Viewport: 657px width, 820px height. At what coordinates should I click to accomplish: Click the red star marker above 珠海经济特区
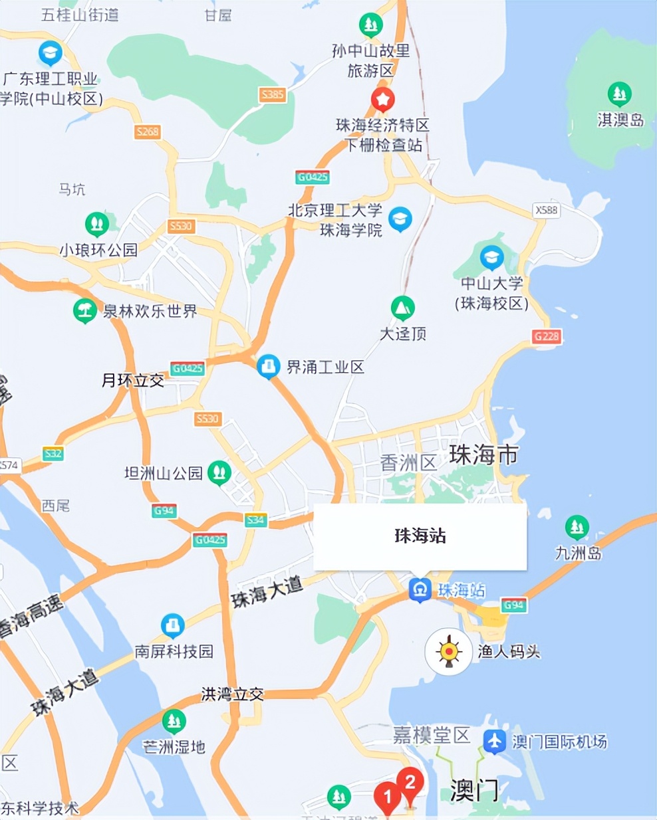(382, 100)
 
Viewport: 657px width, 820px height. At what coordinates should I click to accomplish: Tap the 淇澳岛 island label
(620, 120)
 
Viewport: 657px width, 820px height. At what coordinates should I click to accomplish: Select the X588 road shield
(547, 210)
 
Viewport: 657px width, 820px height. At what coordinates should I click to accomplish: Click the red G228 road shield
(547, 336)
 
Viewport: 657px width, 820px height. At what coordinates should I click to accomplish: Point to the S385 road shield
(272, 94)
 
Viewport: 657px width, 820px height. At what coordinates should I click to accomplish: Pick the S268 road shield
(148, 132)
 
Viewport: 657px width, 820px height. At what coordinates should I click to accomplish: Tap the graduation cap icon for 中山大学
(491, 257)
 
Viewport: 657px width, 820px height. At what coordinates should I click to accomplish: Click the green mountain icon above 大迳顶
(402, 308)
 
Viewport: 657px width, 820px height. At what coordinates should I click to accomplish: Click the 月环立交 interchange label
(133, 381)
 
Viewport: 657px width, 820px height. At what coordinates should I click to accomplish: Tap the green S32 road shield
(53, 454)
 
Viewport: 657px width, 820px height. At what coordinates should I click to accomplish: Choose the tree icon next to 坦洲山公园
(219, 472)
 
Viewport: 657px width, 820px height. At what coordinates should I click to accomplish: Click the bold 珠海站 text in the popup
(420, 536)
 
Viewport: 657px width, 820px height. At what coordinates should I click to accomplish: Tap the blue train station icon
(420, 589)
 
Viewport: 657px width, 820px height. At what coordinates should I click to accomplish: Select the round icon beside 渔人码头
(449, 651)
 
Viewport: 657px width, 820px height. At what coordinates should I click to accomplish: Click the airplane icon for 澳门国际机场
(494, 741)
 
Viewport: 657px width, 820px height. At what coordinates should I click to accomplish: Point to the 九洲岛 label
(578, 552)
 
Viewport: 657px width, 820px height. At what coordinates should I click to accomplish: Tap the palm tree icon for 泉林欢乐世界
(84, 310)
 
